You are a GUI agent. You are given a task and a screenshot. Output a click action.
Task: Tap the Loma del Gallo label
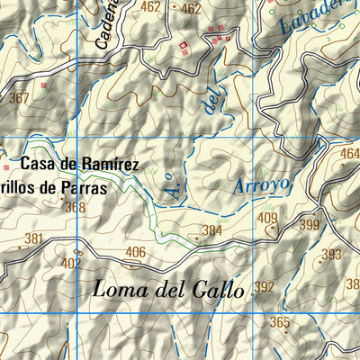point(168,290)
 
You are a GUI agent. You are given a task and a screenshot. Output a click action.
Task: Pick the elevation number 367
point(19,98)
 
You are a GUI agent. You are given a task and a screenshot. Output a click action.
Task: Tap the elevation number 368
point(76,207)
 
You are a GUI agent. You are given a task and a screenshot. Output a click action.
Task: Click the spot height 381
point(34,239)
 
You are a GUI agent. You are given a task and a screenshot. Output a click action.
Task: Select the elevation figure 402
point(71,263)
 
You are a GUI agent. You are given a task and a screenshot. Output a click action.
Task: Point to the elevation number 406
point(136,252)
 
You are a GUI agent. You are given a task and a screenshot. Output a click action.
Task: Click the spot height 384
point(211,231)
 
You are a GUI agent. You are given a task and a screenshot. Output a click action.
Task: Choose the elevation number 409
point(267,218)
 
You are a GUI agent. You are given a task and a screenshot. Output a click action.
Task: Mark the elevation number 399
point(310,225)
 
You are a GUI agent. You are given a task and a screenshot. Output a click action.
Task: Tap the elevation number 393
point(332,254)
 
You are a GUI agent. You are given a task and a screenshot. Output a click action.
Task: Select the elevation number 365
point(280,322)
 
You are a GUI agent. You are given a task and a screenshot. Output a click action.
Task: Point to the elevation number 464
point(349,154)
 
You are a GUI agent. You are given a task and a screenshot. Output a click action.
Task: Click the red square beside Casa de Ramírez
point(6,166)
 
